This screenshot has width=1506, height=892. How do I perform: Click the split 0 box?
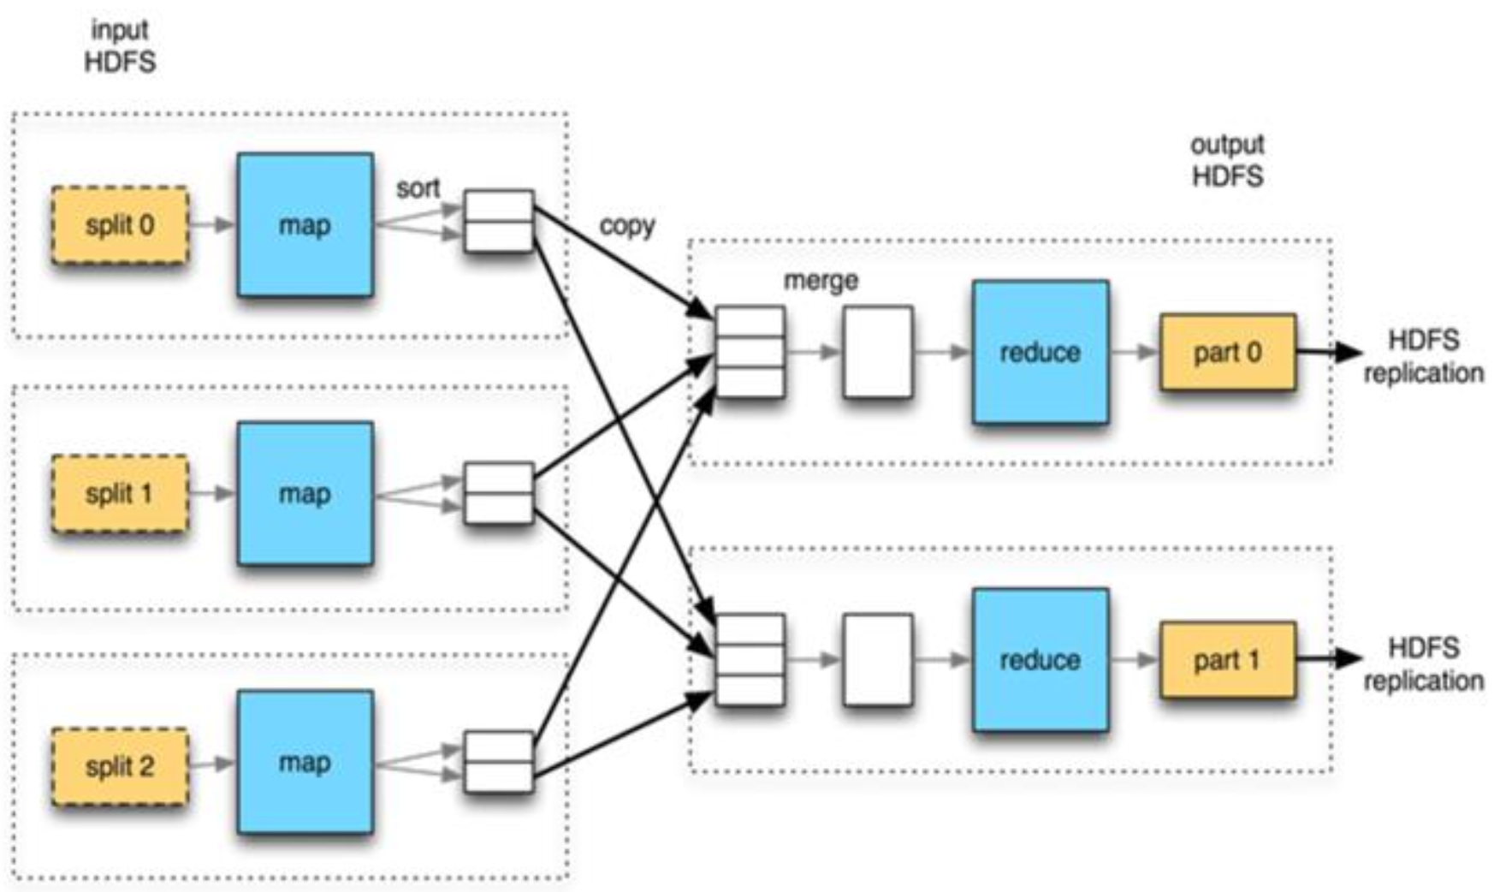[120, 225]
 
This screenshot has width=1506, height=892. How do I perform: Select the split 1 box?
[120, 494]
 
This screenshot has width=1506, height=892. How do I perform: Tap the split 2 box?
[120, 766]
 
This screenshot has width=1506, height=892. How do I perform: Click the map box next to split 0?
[305, 225]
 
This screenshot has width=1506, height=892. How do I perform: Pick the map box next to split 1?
[305, 494]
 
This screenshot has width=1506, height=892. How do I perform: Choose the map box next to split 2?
[305, 762]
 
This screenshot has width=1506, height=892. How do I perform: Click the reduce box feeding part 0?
[1041, 352]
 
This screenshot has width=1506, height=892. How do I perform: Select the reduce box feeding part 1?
[1041, 660]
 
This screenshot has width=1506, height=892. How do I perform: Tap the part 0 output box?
[1228, 352]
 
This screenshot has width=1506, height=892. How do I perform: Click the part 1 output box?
[1228, 660]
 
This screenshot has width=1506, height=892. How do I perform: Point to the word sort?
[418, 188]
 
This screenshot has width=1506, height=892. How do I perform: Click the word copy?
[627, 226]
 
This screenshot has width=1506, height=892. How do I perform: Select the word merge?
[821, 281]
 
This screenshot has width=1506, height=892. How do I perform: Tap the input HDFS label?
[120, 46]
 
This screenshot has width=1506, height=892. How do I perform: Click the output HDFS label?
[1227, 161]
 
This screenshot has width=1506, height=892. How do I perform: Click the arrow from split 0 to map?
[211, 225]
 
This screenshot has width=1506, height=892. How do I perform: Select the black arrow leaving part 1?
[1329, 658]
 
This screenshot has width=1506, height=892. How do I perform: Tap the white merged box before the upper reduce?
[878, 352]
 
